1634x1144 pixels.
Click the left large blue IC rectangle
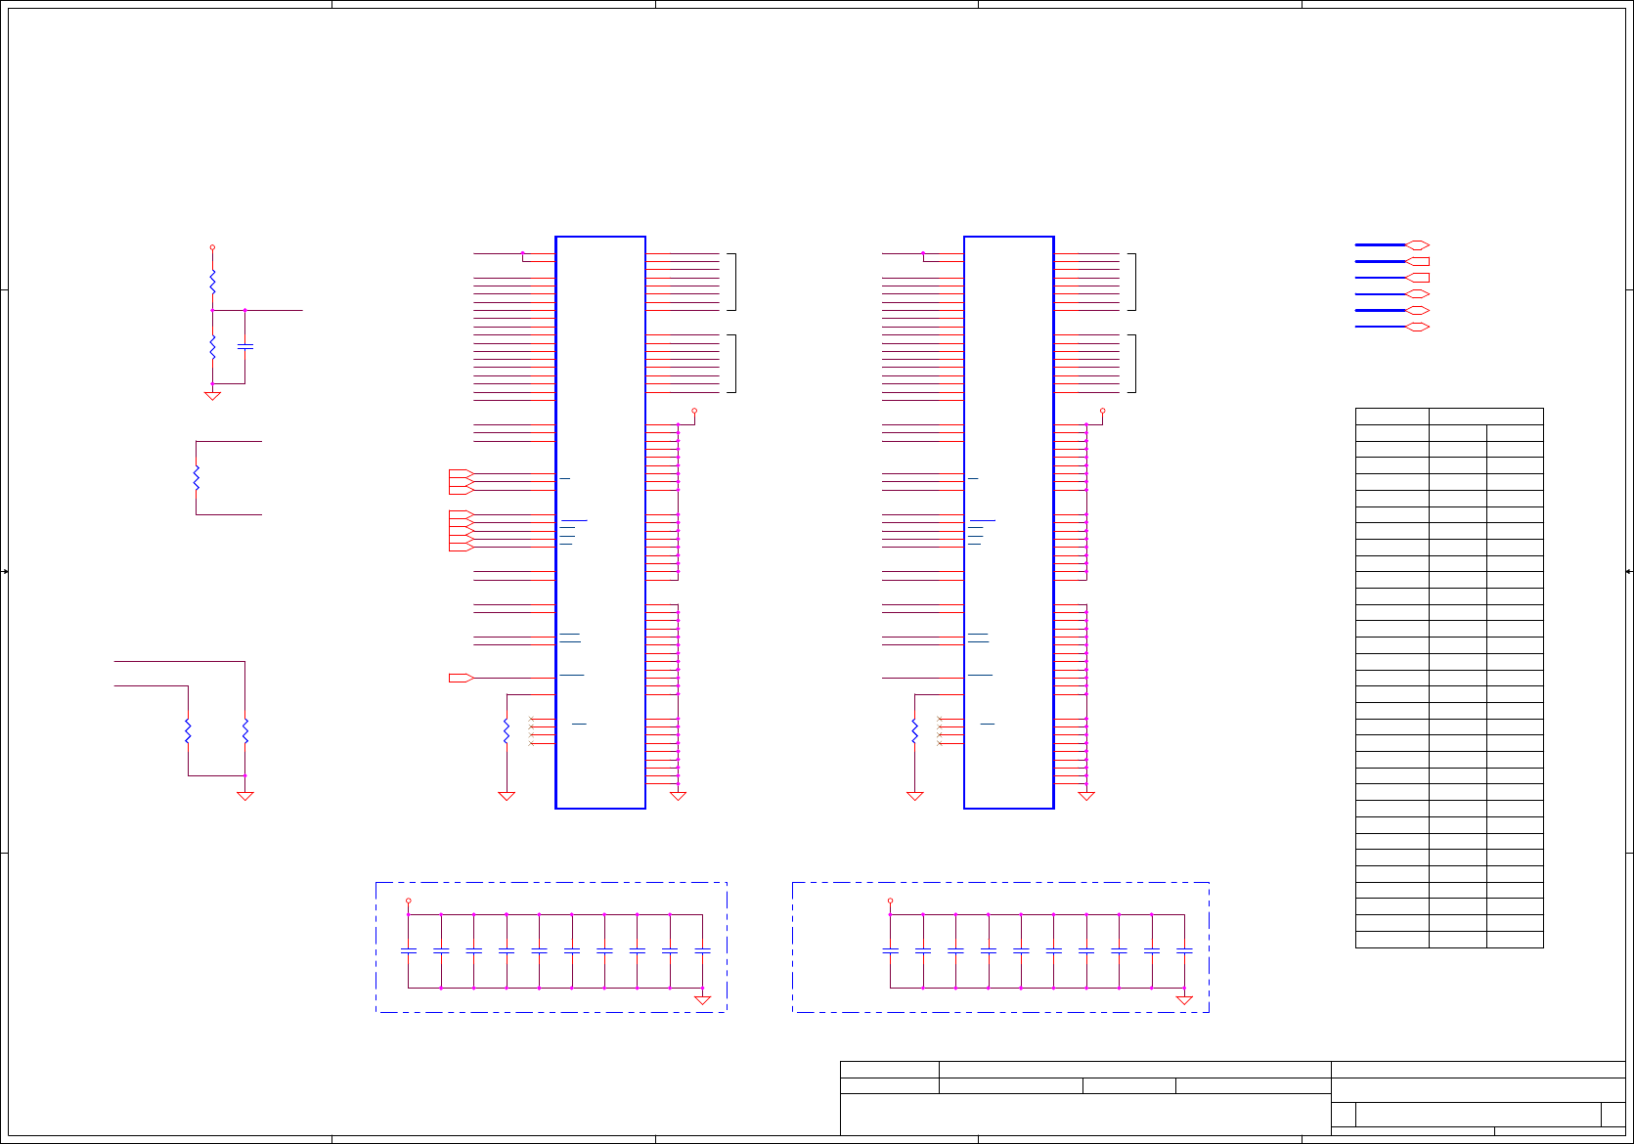coord(600,522)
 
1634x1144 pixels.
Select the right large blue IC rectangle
coord(1008,522)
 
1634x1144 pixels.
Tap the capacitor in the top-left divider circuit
coord(245,346)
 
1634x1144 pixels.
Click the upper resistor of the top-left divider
coord(212,282)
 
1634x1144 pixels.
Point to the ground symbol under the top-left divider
coord(212,396)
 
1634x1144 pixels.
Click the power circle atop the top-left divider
coord(212,247)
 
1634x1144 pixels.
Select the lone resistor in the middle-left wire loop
coord(197,477)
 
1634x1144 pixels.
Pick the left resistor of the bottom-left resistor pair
coord(188,730)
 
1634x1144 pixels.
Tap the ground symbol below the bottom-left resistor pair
coord(245,796)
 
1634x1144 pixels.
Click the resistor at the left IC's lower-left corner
coord(507,730)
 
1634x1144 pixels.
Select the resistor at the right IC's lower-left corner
coord(914,730)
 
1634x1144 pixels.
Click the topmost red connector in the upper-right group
coord(1418,245)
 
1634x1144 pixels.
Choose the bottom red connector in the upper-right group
coord(1418,327)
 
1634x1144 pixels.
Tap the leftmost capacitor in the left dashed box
coord(409,950)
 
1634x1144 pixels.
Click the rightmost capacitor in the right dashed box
coord(1184,950)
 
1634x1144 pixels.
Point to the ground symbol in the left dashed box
coord(702,1000)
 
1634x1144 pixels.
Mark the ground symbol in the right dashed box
coord(1184,1000)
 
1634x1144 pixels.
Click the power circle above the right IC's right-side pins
coord(1102,411)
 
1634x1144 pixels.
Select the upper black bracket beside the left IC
coord(732,282)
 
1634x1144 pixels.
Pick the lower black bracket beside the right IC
coord(1133,364)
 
